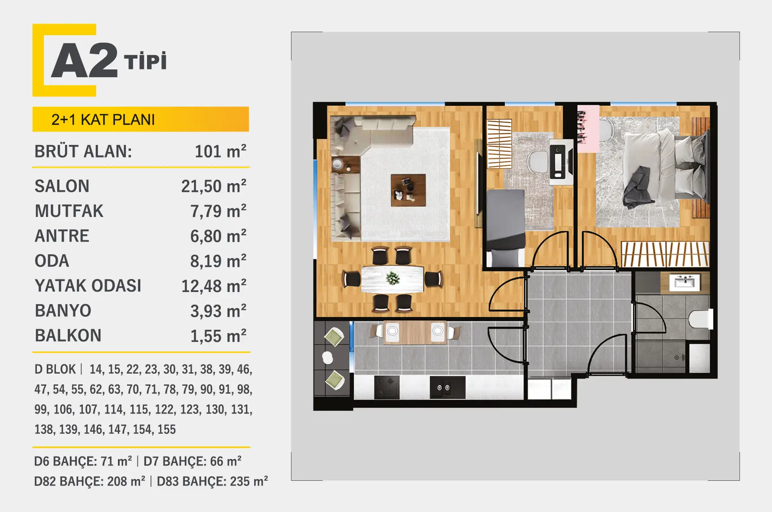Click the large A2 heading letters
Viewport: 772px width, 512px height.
click(85, 60)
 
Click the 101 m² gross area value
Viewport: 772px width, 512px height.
click(220, 151)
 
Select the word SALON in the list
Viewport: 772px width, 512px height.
click(62, 186)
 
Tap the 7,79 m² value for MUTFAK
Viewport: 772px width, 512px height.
click(218, 211)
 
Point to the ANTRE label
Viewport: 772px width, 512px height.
click(62, 236)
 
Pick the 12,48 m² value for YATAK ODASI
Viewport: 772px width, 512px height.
click(214, 286)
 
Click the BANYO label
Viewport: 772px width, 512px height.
click(63, 311)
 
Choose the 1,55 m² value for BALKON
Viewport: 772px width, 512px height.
click(218, 336)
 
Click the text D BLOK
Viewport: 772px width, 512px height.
click(55, 369)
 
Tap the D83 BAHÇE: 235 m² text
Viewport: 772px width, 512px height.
click(213, 481)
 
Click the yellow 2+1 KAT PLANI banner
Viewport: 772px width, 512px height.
click(141, 119)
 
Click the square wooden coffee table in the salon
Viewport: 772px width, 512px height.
click(408, 190)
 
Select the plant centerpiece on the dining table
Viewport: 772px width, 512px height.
click(393, 278)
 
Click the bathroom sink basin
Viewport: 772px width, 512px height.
click(684, 282)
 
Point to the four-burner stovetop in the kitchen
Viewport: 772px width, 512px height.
click(387, 387)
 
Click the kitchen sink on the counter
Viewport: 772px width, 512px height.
click(448, 387)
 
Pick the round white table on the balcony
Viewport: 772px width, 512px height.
click(328, 358)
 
